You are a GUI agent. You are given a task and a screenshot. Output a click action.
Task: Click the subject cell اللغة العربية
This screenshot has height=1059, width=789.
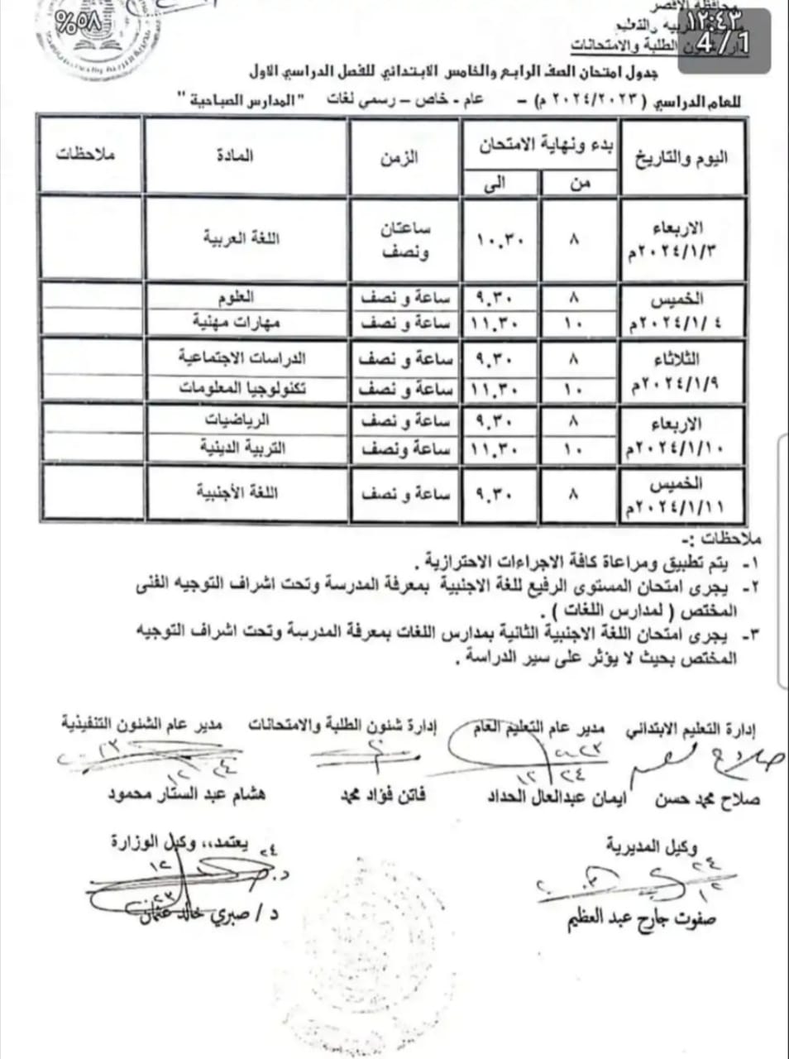coord(242,238)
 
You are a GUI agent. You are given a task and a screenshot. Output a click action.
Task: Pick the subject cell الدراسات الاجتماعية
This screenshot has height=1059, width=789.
coord(242,358)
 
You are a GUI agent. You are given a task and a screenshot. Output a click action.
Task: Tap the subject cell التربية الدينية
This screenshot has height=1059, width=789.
coord(243,448)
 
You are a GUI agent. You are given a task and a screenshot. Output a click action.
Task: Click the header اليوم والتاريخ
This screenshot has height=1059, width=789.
coord(681,157)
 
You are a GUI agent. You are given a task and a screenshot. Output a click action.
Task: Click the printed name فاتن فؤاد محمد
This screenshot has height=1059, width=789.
coord(383,796)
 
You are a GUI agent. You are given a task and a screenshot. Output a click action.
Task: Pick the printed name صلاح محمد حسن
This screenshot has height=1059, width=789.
coord(706,799)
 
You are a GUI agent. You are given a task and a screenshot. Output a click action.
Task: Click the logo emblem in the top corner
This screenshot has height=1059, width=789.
coord(80,33)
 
